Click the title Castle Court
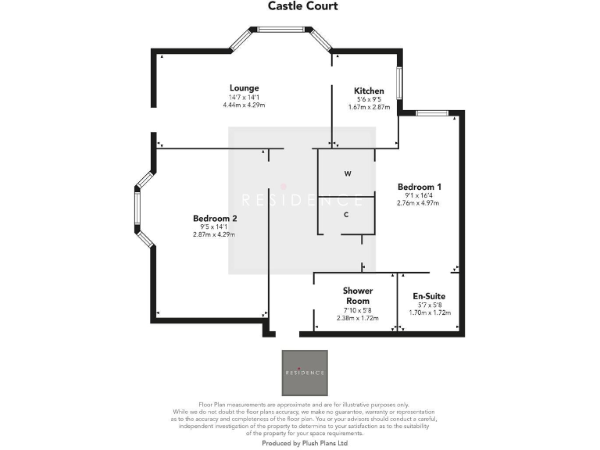pos(302,6)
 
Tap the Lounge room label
pos(244,88)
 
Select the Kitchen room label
pos(369,91)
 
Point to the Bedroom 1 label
pos(419,187)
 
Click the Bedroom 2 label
pos(214,219)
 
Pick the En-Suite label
pos(430,297)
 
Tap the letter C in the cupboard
pos(346,213)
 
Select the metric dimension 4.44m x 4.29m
pos(244,104)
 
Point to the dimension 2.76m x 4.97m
pos(419,203)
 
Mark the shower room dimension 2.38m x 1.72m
pos(357,318)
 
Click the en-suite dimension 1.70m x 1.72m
pos(430,312)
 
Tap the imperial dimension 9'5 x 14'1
pos(214,227)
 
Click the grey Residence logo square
pos(305,373)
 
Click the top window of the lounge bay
pos(281,30)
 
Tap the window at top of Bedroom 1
pos(431,113)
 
